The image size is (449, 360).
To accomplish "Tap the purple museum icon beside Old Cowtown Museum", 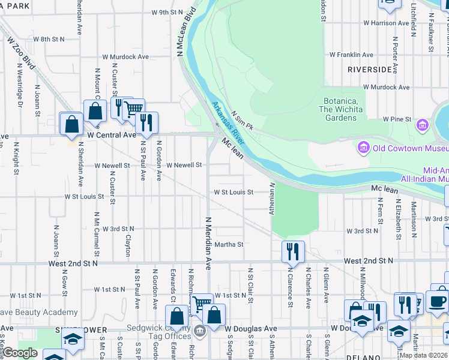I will pos(363,148).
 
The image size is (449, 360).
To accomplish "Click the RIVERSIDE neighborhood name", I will pos(370,70).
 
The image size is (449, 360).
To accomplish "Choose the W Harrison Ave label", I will pos(387,23).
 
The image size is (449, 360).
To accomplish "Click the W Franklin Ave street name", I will pos(352,54).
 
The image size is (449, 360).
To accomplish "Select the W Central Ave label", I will pos(112,136).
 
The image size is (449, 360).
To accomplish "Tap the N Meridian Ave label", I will pos(209,243).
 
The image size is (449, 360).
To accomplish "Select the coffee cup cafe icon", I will pos(437,301).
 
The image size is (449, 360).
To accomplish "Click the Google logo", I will pos(20,353).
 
